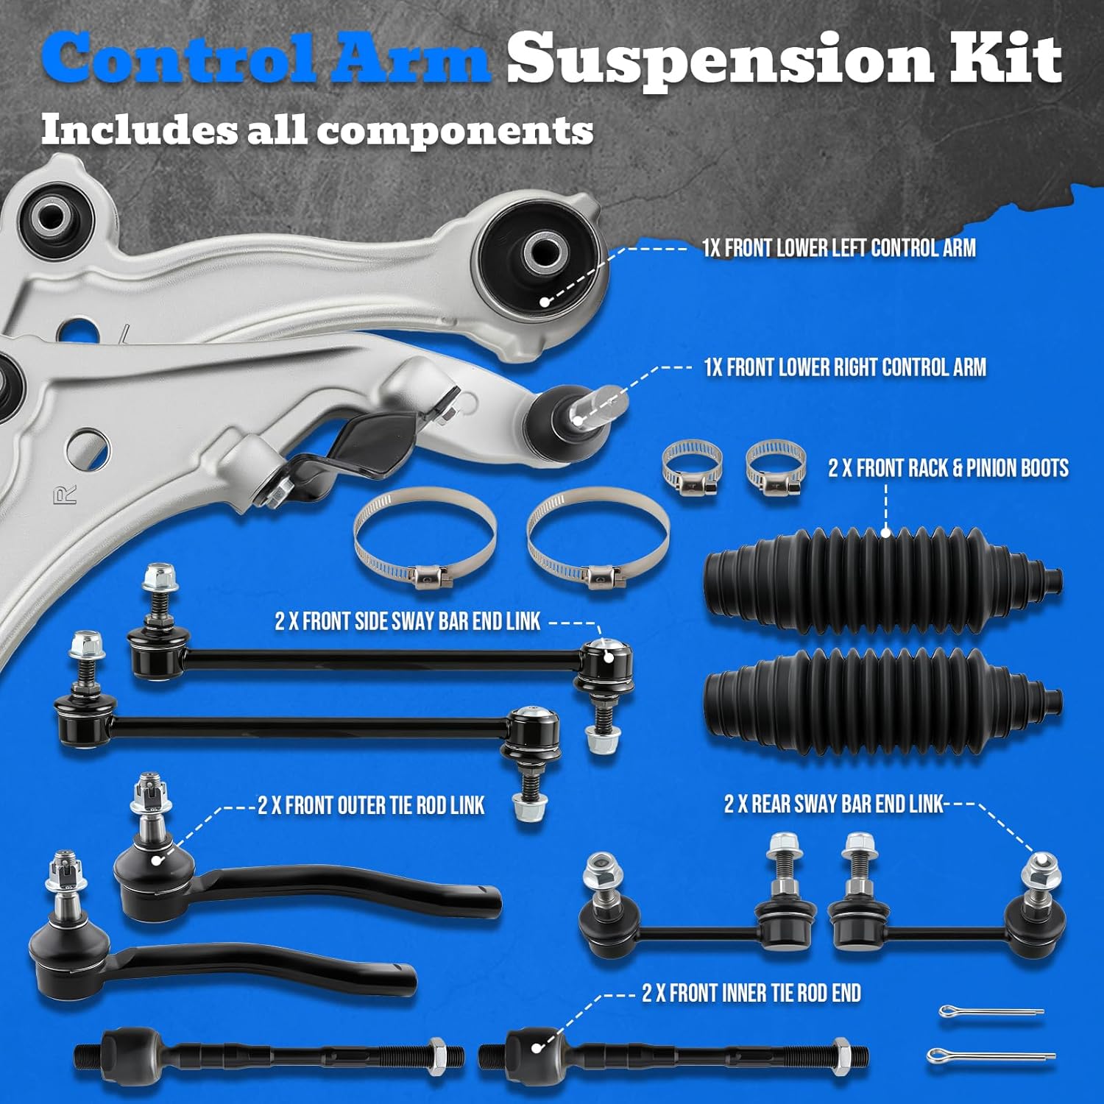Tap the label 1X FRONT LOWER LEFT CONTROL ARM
[x=839, y=248]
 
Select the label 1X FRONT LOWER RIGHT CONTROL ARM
[x=845, y=367]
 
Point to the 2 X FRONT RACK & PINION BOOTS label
[x=948, y=468]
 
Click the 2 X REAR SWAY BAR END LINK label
[x=833, y=804]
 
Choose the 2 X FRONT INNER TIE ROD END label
[x=751, y=993]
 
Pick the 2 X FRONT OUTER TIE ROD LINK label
[x=371, y=805]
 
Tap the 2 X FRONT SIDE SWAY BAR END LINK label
[x=408, y=621]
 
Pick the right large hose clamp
[x=598, y=538]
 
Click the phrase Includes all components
[x=317, y=130]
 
